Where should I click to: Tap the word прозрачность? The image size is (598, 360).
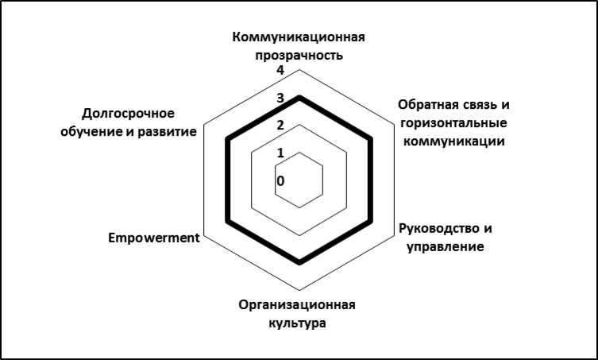point(299,56)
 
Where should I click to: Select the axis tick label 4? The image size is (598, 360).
point(280,72)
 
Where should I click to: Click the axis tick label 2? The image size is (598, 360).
point(280,126)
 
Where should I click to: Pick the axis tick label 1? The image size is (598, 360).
point(280,153)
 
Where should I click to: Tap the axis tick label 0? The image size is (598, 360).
point(280,180)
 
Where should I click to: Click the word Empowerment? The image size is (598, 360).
point(152,237)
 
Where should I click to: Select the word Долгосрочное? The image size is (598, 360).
point(129,113)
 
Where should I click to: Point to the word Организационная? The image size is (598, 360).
point(297,306)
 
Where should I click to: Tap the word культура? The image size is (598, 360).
point(297,323)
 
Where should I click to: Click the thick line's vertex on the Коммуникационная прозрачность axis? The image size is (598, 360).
point(299,97)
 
